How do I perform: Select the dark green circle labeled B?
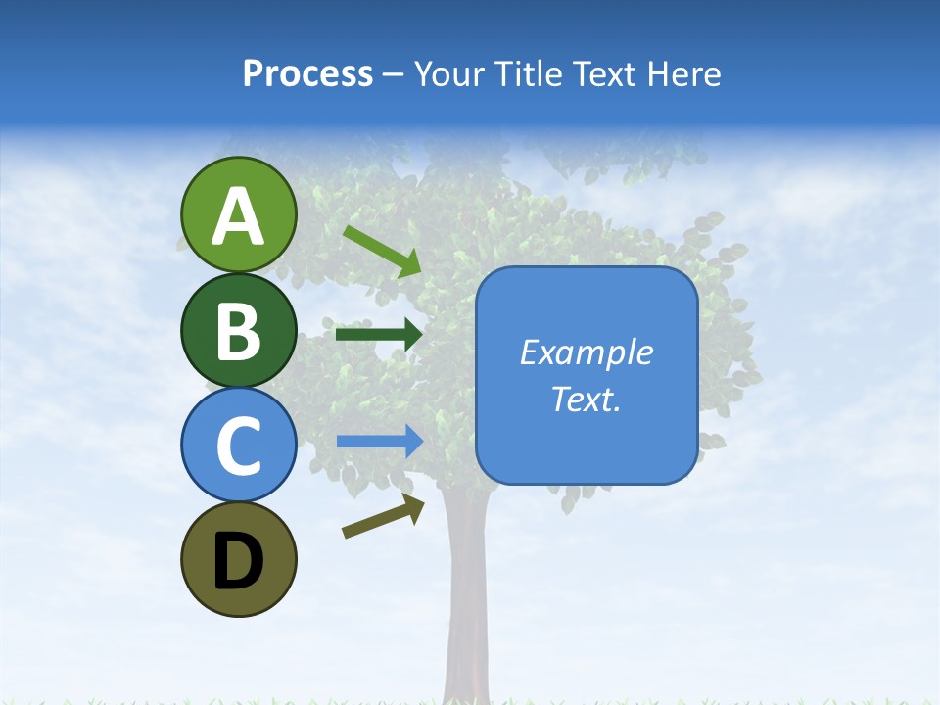click(x=238, y=330)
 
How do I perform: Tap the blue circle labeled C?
click(x=238, y=446)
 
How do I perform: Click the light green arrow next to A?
click(x=381, y=251)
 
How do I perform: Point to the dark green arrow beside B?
click(x=378, y=334)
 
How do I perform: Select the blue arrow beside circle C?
click(x=379, y=442)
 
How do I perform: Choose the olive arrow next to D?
click(x=383, y=516)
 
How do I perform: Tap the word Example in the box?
click(x=587, y=352)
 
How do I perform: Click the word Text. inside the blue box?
click(x=587, y=399)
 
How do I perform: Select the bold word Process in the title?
click(x=307, y=74)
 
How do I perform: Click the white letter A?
click(x=239, y=216)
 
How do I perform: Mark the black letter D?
click(x=239, y=561)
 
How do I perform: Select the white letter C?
click(x=239, y=446)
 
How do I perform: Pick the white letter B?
click(x=239, y=331)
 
